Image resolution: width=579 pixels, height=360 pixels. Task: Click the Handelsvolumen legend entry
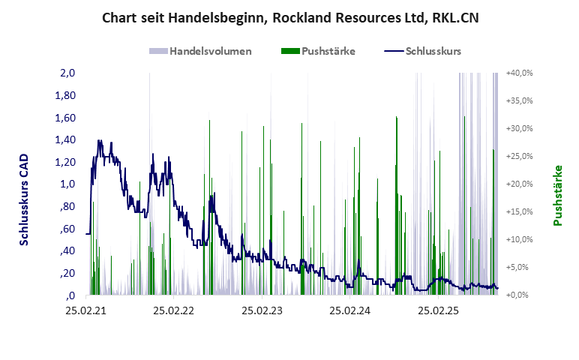click(x=210, y=51)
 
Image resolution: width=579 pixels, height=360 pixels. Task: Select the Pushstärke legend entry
click(x=328, y=51)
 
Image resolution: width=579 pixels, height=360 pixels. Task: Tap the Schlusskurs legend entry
click(x=433, y=51)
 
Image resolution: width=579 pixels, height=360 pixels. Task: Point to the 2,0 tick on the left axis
click(x=67, y=73)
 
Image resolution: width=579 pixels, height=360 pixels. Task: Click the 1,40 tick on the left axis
click(x=66, y=140)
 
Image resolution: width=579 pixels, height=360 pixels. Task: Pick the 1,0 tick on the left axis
click(x=67, y=184)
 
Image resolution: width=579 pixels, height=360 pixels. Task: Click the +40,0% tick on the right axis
click(x=520, y=73)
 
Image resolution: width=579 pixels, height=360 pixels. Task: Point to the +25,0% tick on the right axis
click(x=520, y=157)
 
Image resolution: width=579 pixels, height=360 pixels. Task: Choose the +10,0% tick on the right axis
click(x=520, y=240)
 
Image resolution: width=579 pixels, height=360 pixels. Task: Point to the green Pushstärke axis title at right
click(x=557, y=196)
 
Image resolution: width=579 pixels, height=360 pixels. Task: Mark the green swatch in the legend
click(x=289, y=51)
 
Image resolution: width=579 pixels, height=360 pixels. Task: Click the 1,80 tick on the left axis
click(x=66, y=96)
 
